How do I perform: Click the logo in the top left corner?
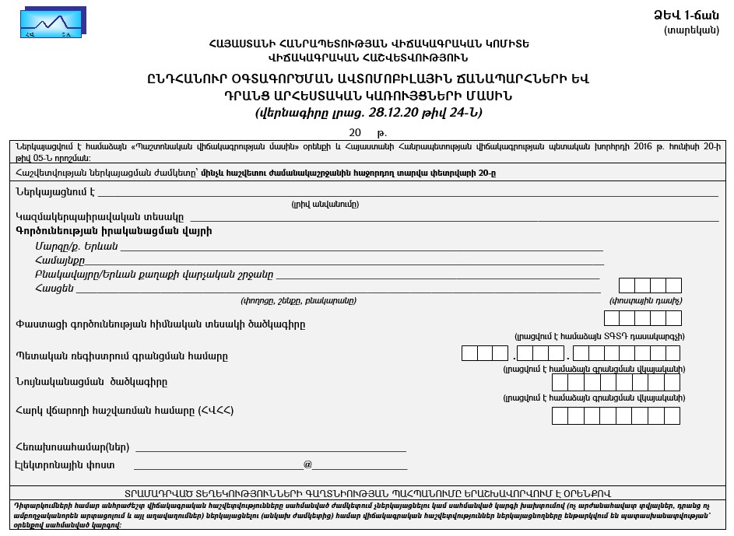click(54, 23)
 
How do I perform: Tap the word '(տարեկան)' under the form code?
click(691, 30)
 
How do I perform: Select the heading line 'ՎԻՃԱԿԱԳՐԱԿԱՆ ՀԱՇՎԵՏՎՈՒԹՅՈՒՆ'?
click(368, 57)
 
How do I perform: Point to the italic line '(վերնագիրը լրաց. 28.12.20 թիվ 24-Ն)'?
click(368, 112)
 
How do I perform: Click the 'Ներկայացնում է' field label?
click(54, 191)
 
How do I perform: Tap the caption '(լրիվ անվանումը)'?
click(325, 204)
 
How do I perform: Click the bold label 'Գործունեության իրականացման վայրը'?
click(114, 231)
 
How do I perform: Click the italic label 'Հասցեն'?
click(54, 289)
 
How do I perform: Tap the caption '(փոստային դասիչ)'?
click(646, 300)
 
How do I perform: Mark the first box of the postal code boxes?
click(627, 286)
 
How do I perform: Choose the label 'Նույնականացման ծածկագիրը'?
click(91, 382)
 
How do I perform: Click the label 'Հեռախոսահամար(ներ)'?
click(72, 447)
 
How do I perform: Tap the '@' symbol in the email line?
click(307, 464)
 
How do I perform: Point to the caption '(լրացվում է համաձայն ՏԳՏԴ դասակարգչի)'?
click(599, 336)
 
